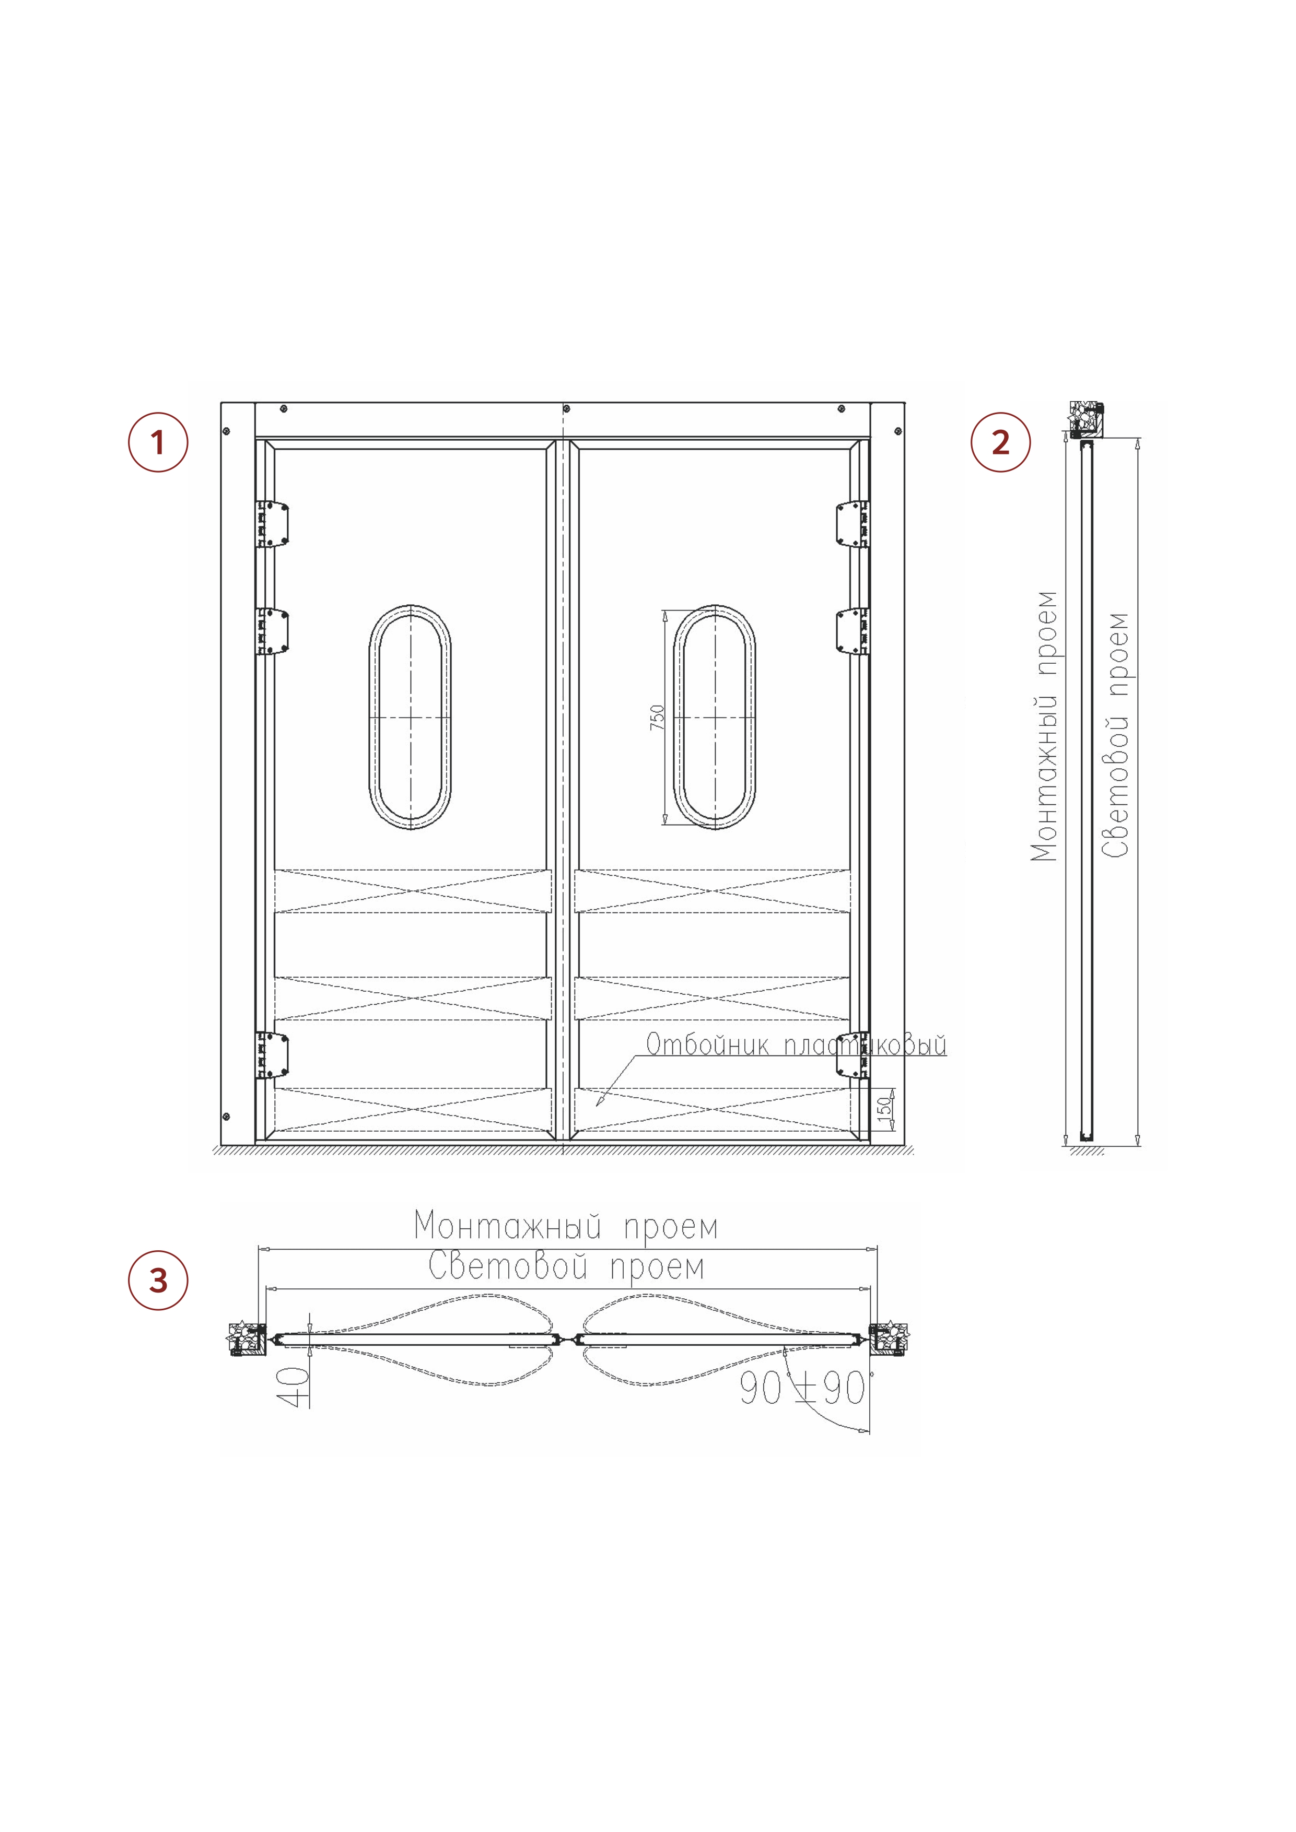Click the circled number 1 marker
coord(158,442)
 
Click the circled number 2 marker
coord(1001,442)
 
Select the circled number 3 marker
coord(158,1280)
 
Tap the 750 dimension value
coord(657,718)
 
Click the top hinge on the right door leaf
coord(853,524)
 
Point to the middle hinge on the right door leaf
coord(853,632)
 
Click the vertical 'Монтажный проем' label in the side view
coord(1044,726)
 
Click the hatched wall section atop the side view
coord(1086,420)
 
